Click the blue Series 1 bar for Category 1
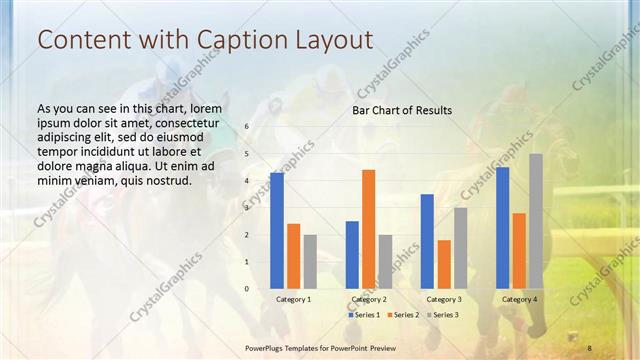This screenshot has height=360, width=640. [x=277, y=230]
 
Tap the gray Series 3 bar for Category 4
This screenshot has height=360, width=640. [x=535, y=221]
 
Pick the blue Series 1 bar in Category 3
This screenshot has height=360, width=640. [x=427, y=241]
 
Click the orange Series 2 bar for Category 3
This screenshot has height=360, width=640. [x=443, y=264]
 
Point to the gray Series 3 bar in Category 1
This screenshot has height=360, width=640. [x=309, y=261]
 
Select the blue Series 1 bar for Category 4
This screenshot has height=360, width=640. [x=502, y=227]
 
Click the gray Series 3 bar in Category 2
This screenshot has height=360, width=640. [x=385, y=261]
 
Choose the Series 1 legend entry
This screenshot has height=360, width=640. [x=365, y=315]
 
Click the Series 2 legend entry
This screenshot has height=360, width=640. [x=402, y=315]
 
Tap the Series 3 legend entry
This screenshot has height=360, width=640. [x=440, y=315]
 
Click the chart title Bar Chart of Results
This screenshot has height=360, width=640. [x=401, y=110]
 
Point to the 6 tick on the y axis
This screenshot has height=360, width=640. [x=247, y=127]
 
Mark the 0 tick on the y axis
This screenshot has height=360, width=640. [x=247, y=288]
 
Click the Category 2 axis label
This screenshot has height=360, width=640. [x=368, y=299]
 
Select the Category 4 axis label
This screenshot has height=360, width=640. [x=518, y=299]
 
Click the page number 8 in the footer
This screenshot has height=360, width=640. [x=589, y=347]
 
